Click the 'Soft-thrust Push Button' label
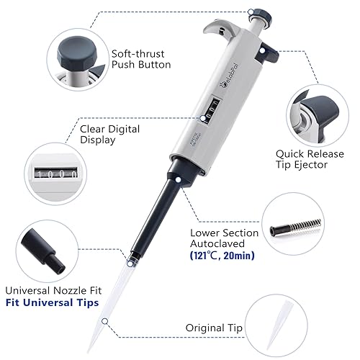tap(140, 58)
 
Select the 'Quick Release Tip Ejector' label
tap(311, 158)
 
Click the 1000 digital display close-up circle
tap(54, 174)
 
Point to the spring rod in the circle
tap(295, 228)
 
